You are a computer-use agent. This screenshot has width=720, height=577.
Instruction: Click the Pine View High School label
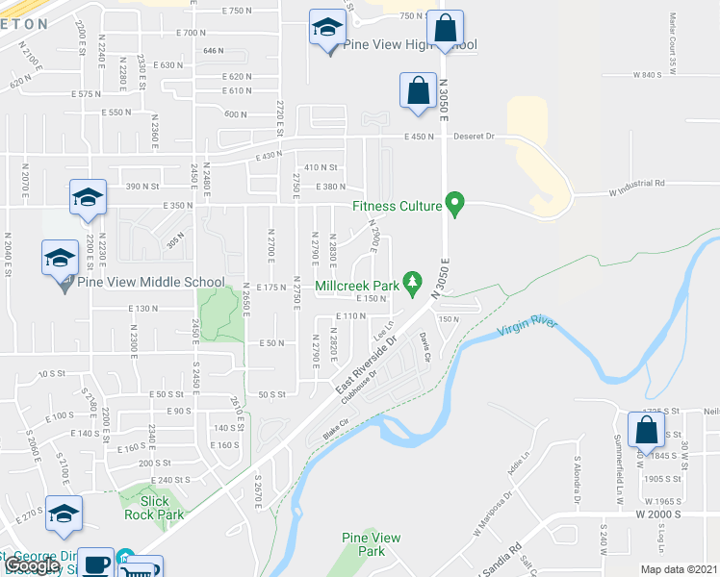(397, 45)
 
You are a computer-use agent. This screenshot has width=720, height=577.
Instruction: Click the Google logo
(33, 565)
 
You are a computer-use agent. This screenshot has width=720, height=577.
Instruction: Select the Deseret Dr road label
(475, 137)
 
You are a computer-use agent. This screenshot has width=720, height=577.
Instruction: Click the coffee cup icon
(95, 565)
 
